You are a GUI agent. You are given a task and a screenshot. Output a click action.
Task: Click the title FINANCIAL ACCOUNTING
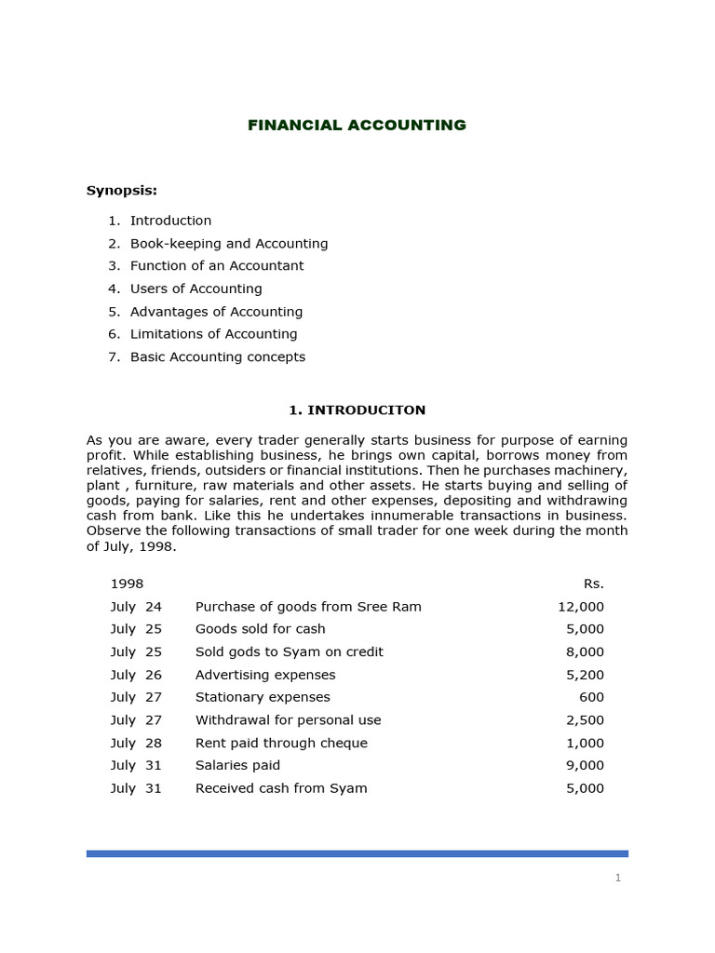pos(357,125)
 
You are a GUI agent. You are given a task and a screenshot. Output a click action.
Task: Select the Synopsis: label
pos(122,190)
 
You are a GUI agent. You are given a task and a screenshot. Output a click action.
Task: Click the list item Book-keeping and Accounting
pos(228,243)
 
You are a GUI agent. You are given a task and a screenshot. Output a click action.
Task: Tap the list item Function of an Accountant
pos(216,265)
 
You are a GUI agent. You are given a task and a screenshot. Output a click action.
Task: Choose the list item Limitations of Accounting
pos(213,333)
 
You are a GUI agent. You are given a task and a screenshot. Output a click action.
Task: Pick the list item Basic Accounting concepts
pos(217,356)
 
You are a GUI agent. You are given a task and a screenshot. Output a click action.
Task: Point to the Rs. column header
pos(593,584)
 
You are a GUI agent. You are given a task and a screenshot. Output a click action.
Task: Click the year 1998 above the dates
pos(127,584)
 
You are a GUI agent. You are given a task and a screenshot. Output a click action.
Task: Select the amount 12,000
pos(581,606)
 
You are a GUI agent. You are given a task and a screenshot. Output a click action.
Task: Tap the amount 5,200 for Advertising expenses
pos(585,675)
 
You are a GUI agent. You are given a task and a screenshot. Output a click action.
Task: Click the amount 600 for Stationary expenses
pos(592,697)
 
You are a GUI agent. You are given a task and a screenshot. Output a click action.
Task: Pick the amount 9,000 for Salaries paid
pos(585,765)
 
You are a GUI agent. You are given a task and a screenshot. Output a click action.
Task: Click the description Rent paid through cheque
pos(281,743)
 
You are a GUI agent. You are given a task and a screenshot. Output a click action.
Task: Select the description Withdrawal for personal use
pos(288,719)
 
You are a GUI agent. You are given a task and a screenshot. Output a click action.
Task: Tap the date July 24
pos(136,606)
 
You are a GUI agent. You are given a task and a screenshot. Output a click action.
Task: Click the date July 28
pos(136,743)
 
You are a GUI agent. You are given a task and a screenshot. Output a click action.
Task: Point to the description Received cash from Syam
pos(281,788)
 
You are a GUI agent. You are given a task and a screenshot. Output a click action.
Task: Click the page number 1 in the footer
pos(618,878)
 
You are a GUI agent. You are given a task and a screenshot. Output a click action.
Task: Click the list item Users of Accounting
pos(196,289)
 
